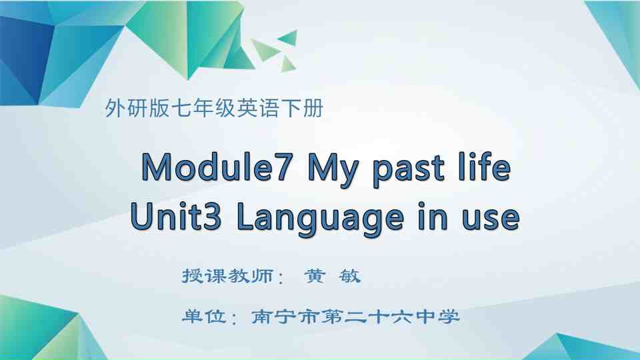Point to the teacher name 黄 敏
pyautogui.click(x=331, y=276)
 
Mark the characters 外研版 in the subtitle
pyautogui.click(x=138, y=108)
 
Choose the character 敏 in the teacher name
pyautogui.click(x=350, y=276)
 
